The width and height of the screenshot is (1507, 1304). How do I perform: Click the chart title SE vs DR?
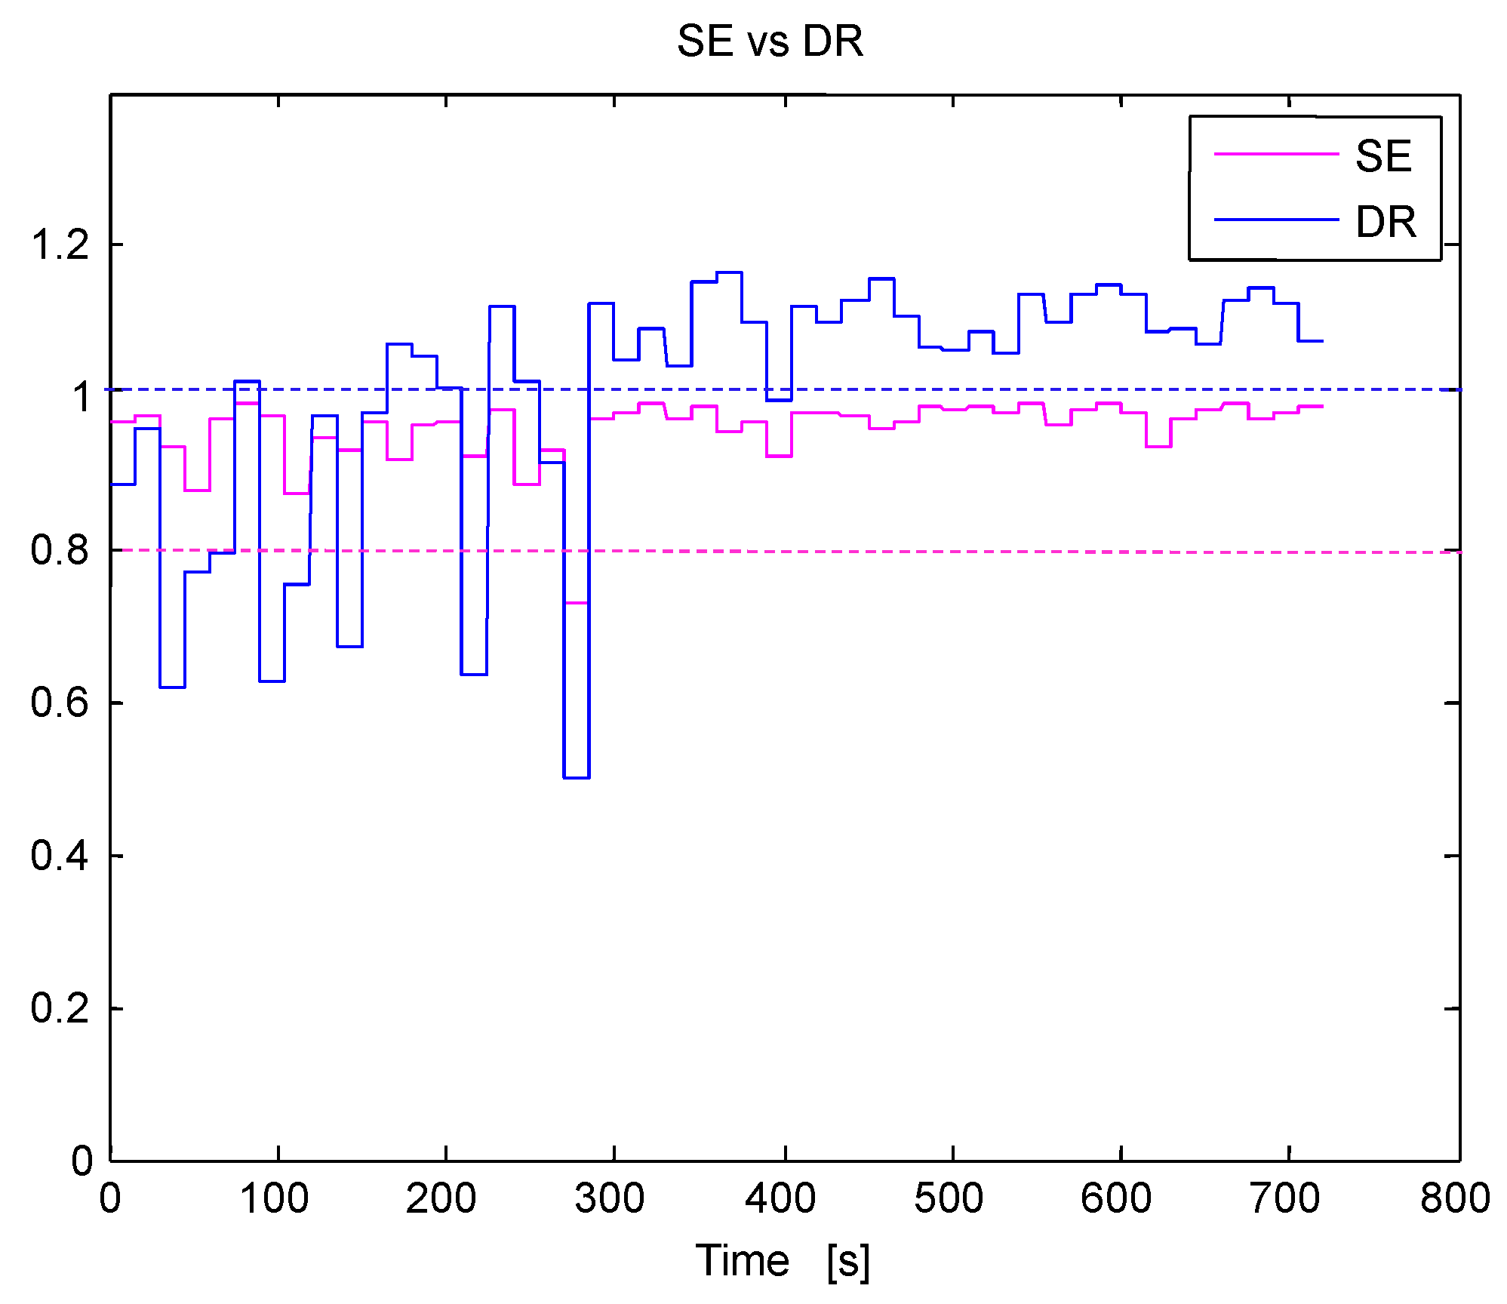point(769,41)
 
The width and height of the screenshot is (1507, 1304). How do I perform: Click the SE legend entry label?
point(1382,156)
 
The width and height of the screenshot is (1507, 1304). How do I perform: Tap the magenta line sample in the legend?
point(1275,154)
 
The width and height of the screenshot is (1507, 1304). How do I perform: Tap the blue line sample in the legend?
point(1275,220)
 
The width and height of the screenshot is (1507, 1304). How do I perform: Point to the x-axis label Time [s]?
point(782,1259)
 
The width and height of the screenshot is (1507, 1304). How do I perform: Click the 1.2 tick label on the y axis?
point(60,244)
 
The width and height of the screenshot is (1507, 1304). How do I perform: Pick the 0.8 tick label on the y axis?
point(60,549)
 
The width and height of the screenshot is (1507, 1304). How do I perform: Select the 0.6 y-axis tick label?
point(60,703)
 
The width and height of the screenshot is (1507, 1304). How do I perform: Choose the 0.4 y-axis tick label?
point(60,856)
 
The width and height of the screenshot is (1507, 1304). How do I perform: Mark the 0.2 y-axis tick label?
point(60,1008)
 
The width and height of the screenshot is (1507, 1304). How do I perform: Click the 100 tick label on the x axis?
point(274,1198)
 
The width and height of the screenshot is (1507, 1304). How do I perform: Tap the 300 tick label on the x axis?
point(610,1198)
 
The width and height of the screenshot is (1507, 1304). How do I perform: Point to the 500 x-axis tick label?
point(949,1198)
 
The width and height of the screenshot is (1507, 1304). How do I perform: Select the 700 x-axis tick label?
point(1284,1198)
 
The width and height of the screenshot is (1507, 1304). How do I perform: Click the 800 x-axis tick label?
point(1454,1198)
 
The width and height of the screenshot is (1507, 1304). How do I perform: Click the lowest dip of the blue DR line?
point(577,777)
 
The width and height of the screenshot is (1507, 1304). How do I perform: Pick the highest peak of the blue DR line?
point(729,272)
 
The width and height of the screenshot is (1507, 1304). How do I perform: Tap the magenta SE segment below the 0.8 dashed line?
point(577,603)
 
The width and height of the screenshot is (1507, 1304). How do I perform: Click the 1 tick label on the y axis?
point(81,397)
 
